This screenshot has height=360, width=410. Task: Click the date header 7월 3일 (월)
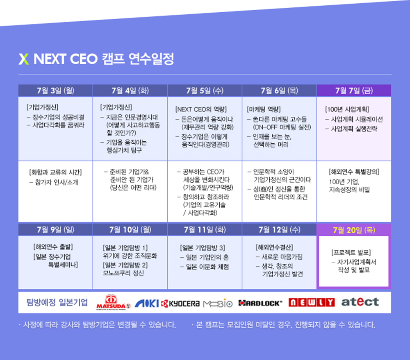click(55, 91)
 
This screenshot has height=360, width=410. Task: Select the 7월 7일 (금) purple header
click(354, 91)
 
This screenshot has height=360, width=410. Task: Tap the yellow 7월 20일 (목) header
click(354, 230)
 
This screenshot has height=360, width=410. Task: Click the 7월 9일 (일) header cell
click(55, 230)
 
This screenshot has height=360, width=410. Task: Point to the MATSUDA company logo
click(113, 303)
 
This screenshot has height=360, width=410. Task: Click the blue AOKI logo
click(147, 303)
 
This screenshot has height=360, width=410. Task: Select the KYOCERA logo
click(180, 303)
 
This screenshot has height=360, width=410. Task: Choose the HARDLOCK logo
click(260, 303)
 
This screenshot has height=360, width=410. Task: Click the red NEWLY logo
click(312, 302)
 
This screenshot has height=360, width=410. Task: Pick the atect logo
click(360, 302)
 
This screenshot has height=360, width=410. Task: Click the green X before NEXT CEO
click(23, 59)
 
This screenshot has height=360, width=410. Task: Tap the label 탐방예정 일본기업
click(57, 302)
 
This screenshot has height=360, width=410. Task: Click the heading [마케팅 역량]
click(264, 109)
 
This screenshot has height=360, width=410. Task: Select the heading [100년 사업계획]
click(347, 109)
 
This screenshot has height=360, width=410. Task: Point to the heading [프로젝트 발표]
click(351, 252)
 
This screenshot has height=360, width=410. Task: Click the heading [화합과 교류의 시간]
click(55, 172)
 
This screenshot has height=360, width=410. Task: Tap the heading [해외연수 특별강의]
click(354, 172)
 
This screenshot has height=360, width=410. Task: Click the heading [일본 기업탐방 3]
click(203, 248)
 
